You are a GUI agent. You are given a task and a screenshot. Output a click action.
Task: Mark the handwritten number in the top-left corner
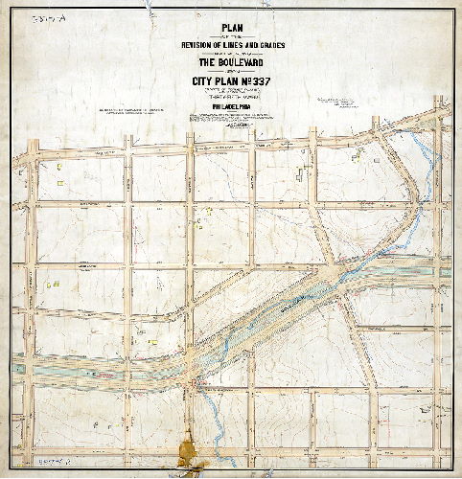click(x=42, y=19)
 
